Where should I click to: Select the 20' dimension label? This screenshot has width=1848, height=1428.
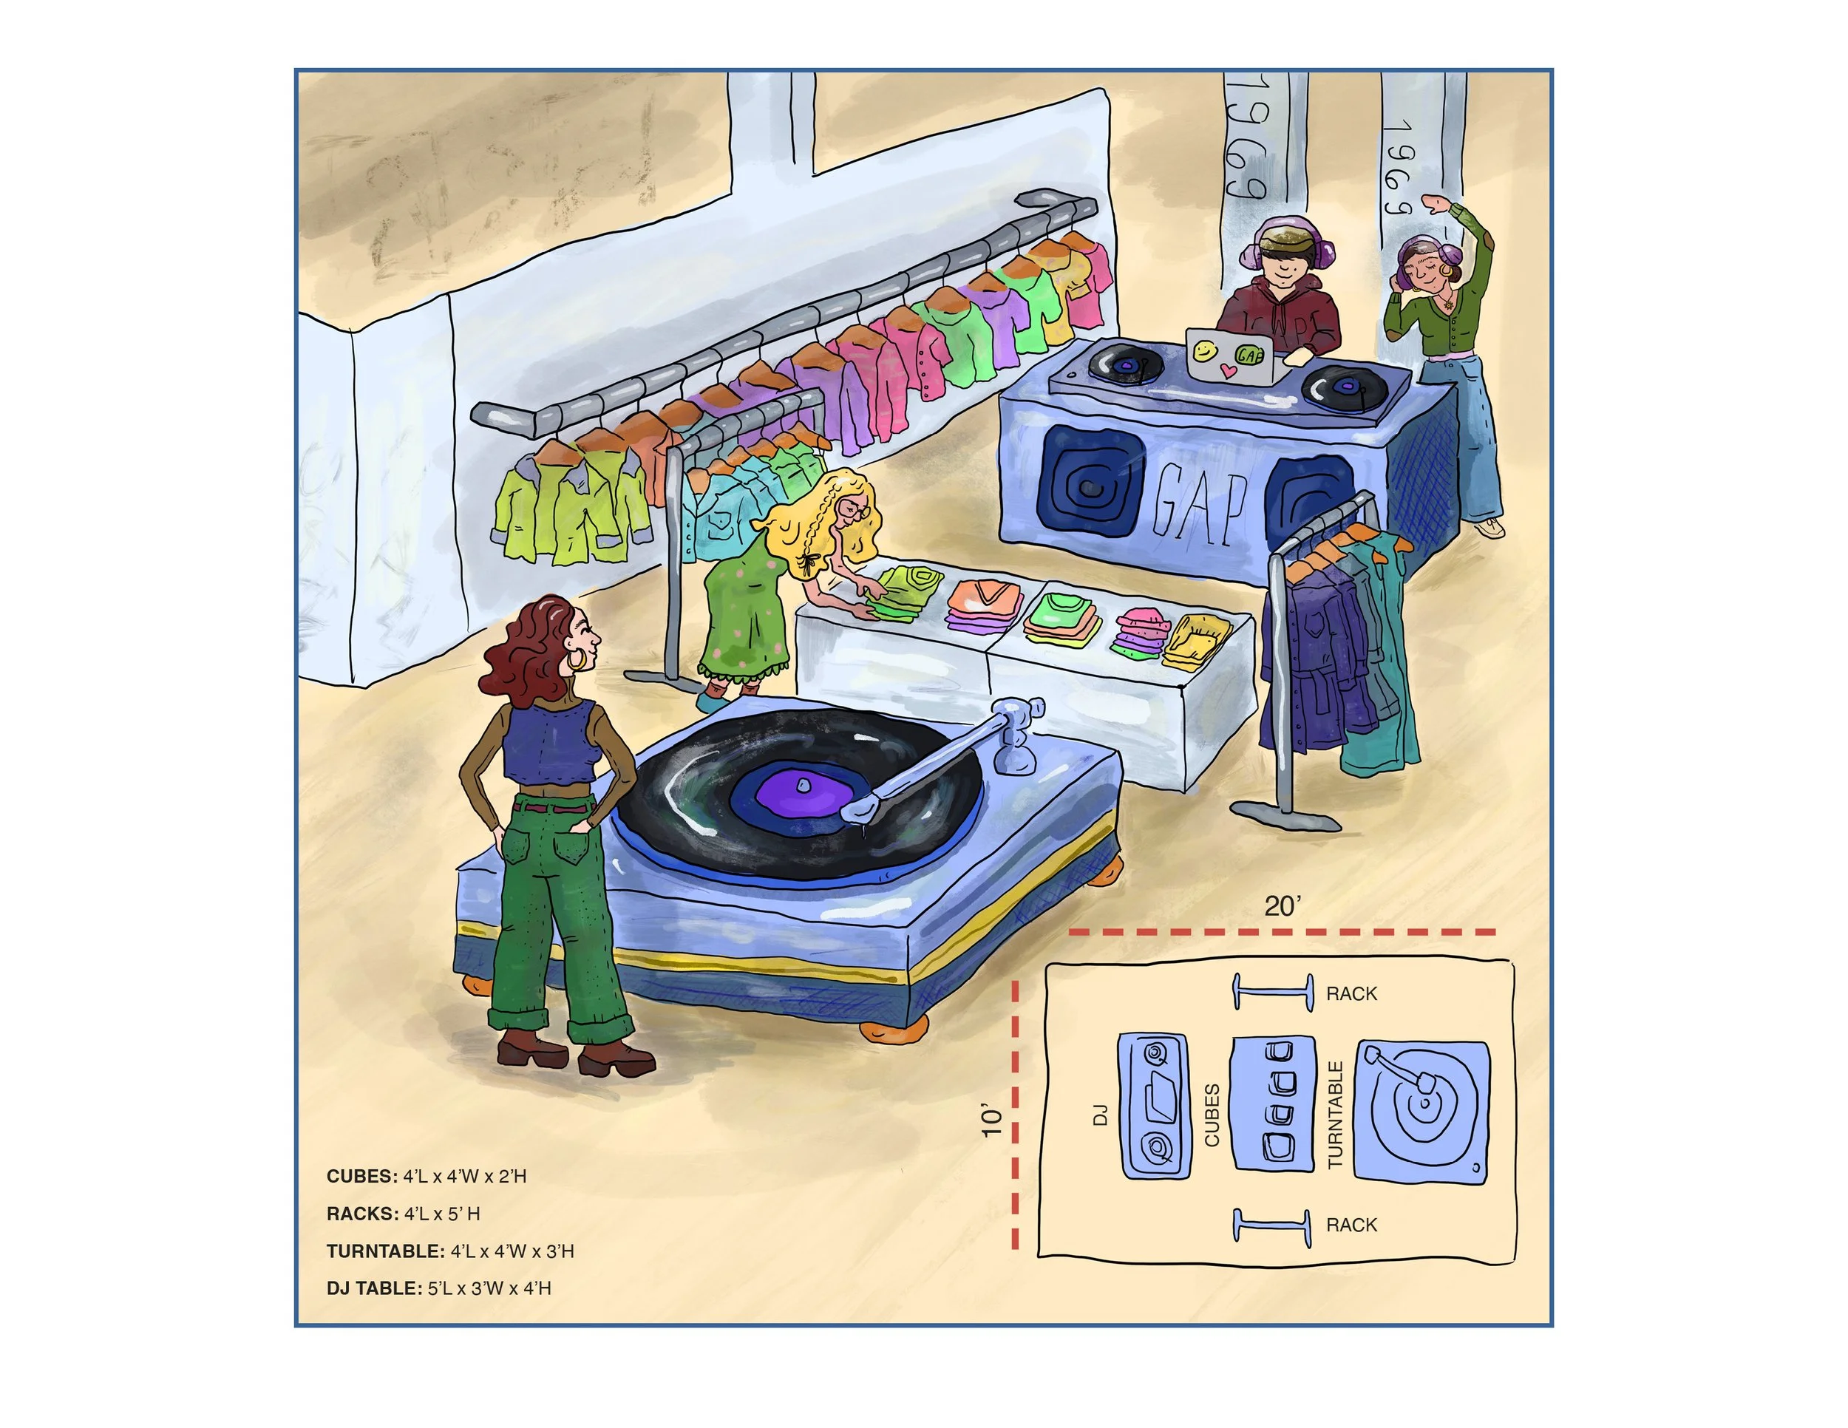pyautogui.click(x=1282, y=906)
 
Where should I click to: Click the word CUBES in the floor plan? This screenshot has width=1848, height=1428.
pyautogui.click(x=1212, y=1115)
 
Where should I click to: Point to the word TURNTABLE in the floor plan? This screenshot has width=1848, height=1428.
pyautogui.click(x=1335, y=1115)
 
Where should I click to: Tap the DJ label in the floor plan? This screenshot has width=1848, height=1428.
pyautogui.click(x=1100, y=1115)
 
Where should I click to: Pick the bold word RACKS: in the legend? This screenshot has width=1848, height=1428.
pyautogui.click(x=362, y=1214)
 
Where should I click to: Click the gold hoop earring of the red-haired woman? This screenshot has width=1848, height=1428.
pyautogui.click(x=577, y=661)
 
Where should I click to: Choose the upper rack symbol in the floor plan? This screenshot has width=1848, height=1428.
pyautogui.click(x=1271, y=991)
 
